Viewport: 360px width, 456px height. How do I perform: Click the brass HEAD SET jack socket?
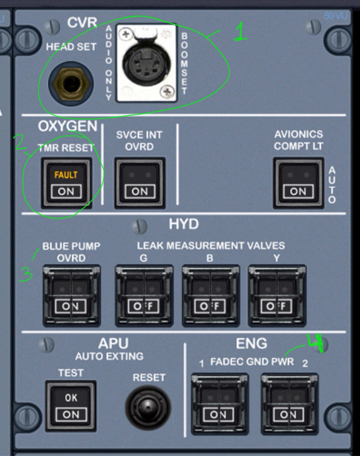click(71, 83)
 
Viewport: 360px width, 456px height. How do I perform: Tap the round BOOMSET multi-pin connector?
click(147, 64)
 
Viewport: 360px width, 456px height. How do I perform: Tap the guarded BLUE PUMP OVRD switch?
click(72, 296)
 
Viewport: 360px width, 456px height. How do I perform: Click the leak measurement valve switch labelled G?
click(144, 296)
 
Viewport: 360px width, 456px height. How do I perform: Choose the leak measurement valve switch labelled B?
click(211, 296)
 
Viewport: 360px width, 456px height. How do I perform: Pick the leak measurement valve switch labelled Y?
click(277, 296)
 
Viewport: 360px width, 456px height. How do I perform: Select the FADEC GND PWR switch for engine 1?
click(219, 404)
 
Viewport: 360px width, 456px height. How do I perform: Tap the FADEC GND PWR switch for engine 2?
click(289, 404)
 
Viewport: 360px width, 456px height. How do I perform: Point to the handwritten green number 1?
click(241, 32)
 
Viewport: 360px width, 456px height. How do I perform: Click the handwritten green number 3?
click(26, 274)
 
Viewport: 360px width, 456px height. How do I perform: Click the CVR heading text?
click(82, 22)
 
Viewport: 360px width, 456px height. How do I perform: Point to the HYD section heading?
click(184, 224)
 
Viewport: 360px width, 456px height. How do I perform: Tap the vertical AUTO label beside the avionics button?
click(332, 185)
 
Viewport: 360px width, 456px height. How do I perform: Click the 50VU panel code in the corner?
click(335, 16)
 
